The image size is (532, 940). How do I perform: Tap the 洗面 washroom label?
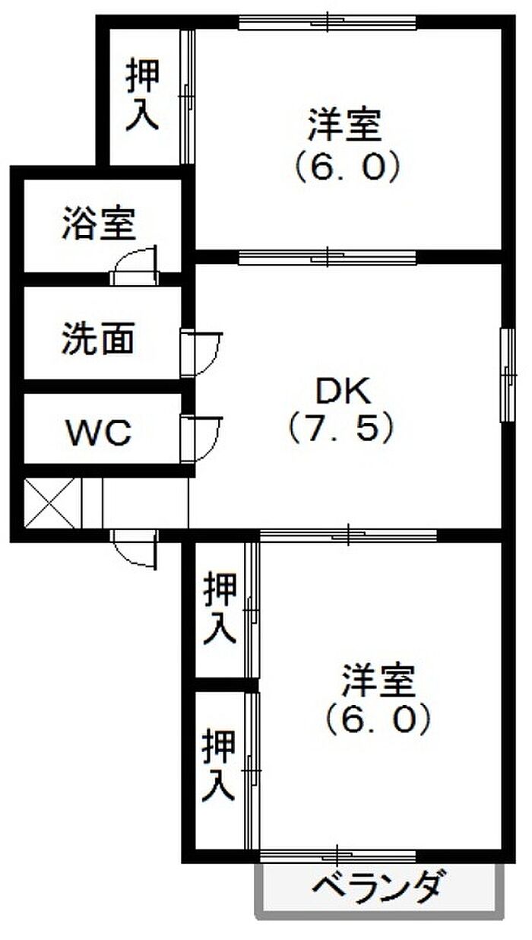99,338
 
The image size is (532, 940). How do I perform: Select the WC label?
100,432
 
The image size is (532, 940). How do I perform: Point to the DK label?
344,391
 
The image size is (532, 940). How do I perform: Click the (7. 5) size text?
342,427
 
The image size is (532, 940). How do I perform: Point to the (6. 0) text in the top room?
347,167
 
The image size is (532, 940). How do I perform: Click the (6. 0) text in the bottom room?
379,719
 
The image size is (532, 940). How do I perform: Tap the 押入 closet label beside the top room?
143,94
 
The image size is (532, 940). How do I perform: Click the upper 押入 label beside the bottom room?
220,609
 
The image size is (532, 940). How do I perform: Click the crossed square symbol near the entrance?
50,503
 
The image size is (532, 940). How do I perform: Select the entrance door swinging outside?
135,550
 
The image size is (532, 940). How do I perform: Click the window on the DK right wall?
508,375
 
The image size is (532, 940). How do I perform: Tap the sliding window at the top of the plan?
328,22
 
